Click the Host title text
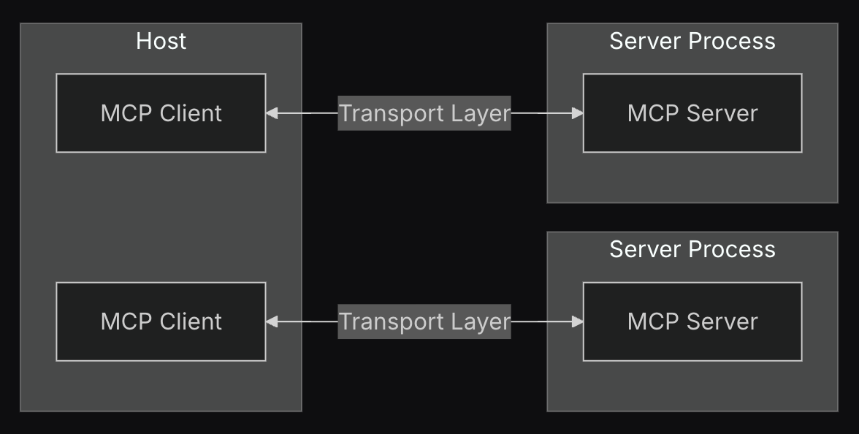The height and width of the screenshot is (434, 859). (161, 41)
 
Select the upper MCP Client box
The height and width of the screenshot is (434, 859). (161, 113)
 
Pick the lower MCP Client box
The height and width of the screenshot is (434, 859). (161, 321)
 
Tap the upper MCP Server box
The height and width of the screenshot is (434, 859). (692, 113)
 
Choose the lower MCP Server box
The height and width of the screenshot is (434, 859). (692, 321)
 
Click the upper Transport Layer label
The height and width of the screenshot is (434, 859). (424, 113)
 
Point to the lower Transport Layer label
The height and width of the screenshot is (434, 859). (424, 321)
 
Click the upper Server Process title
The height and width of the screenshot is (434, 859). (692, 41)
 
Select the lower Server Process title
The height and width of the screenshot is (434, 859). (692, 249)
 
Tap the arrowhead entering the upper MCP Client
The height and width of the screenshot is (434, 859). (272, 113)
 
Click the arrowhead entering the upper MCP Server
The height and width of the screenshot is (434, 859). (577, 113)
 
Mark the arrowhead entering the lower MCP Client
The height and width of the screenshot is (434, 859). (272, 321)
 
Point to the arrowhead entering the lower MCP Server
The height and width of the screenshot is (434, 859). (577, 321)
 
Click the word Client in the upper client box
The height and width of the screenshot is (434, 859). (191, 113)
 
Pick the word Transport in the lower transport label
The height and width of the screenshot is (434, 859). (392, 322)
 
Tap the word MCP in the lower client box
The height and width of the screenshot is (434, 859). (126, 321)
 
